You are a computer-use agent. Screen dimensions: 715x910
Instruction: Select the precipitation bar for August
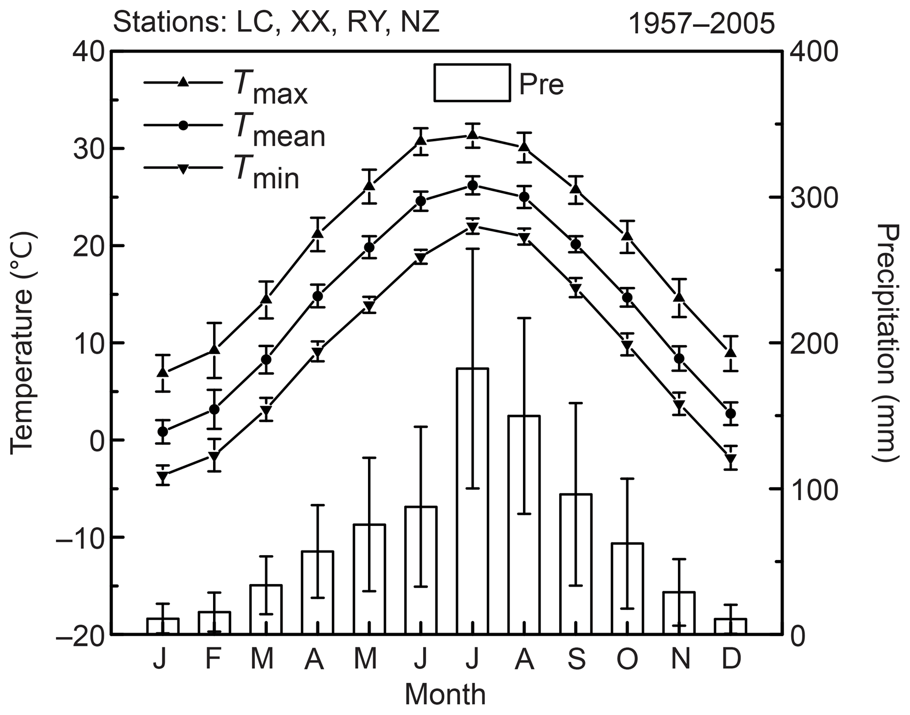(x=524, y=525)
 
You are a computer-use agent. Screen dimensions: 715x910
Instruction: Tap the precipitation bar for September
(x=575, y=564)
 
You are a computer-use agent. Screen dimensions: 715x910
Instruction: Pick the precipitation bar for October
(x=627, y=589)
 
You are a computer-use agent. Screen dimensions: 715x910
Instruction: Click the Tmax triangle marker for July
(x=472, y=134)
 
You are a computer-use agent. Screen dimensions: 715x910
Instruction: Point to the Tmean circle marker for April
(x=318, y=296)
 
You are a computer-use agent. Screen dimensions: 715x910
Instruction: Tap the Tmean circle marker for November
(x=679, y=359)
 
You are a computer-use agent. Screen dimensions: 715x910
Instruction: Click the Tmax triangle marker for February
(x=214, y=349)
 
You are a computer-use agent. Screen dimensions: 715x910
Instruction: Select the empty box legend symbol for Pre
(x=472, y=83)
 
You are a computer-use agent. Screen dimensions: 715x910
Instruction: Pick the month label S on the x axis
(x=576, y=659)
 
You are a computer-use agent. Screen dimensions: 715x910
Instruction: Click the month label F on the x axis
(x=213, y=659)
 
